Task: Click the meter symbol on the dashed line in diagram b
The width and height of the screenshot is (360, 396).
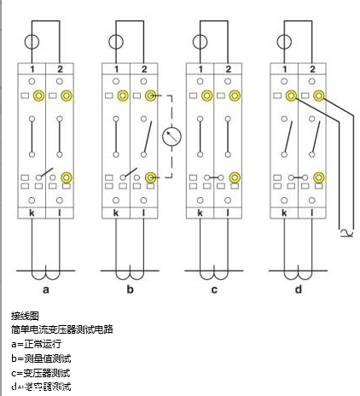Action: pos(170,136)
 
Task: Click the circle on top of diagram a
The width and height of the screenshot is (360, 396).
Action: pos(32,41)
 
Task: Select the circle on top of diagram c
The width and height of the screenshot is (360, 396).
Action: pos(199,41)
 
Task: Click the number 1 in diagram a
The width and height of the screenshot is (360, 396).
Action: pos(32,68)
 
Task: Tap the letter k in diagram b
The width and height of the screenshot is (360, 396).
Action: pos(115,209)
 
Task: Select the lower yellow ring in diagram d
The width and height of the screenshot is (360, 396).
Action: pos(317,178)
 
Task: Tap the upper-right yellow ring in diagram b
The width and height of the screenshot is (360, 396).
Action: pos(150,96)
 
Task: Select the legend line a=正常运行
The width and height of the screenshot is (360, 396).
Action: pos(37,344)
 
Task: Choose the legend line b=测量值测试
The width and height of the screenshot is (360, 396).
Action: pos(41,358)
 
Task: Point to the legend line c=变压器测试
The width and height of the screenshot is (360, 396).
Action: pos(41,372)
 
